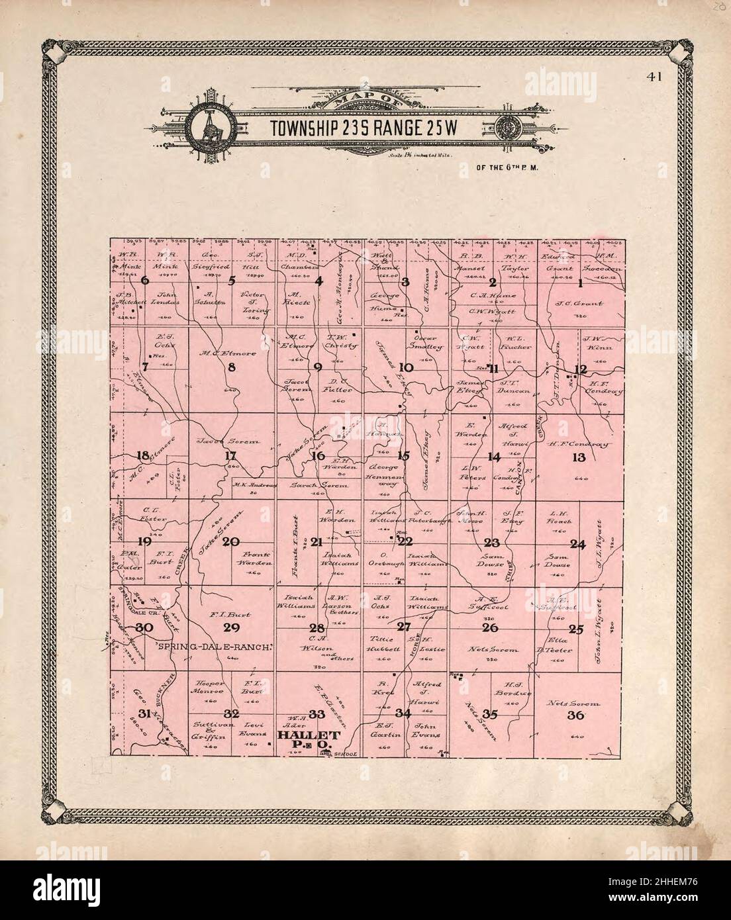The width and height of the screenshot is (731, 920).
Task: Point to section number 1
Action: [581, 284]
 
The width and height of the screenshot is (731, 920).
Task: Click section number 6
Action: [145, 280]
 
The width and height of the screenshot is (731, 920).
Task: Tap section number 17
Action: [230, 455]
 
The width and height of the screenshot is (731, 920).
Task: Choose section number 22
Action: [405, 541]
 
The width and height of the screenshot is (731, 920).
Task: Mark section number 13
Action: [579, 457]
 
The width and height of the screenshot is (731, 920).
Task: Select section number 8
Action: [231, 368]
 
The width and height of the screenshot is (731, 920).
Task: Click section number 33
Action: [317, 713]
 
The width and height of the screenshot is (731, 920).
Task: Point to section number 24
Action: [578, 545]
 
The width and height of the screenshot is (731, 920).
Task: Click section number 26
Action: [491, 627]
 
